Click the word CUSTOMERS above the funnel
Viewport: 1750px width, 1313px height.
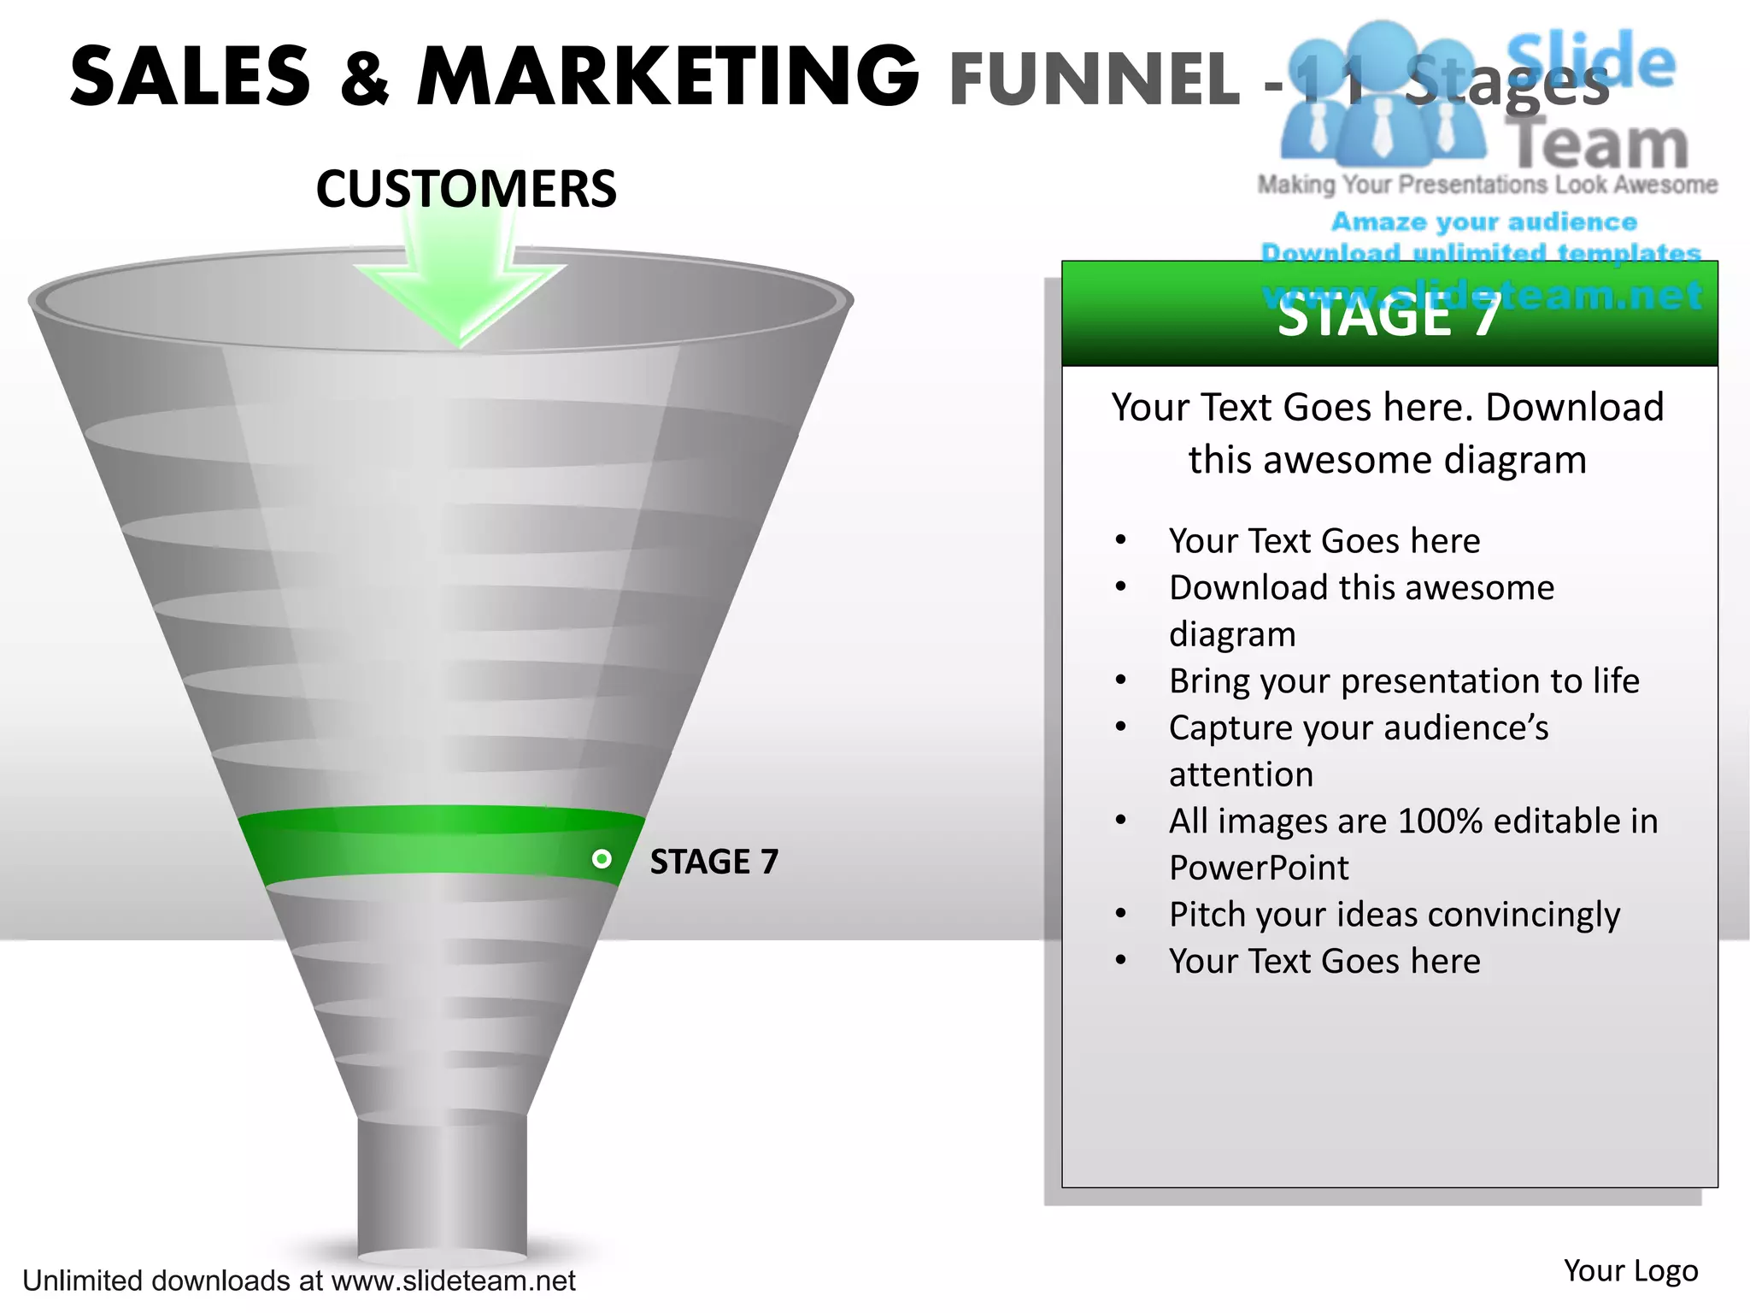pyautogui.click(x=466, y=189)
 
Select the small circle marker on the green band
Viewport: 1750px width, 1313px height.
pyautogui.click(x=602, y=858)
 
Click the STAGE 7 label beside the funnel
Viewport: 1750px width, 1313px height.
pyautogui.click(x=714, y=862)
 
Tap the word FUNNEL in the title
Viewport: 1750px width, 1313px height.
pyautogui.click(x=1094, y=79)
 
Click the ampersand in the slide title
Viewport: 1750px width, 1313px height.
pyautogui.click(x=364, y=79)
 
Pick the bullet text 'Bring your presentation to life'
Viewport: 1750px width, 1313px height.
pyautogui.click(x=1404, y=680)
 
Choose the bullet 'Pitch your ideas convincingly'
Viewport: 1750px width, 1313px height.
pyautogui.click(x=1394, y=915)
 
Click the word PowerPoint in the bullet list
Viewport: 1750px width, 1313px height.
pyautogui.click(x=1259, y=868)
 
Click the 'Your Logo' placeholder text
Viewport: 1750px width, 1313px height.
pyautogui.click(x=1630, y=1270)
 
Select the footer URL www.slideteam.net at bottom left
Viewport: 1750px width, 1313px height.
pyautogui.click(x=453, y=1281)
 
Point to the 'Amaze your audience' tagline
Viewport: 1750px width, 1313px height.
pyautogui.click(x=1484, y=221)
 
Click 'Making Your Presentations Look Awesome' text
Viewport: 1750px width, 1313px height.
pyautogui.click(x=1487, y=185)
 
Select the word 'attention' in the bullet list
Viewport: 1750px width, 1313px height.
pyautogui.click(x=1241, y=774)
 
